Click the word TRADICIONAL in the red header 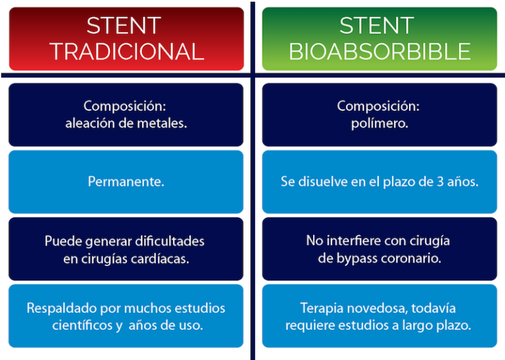(126, 51)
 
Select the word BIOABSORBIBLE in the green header (379, 51)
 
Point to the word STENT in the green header (377, 26)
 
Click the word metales (164, 123)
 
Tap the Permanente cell (126, 181)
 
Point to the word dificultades (167, 241)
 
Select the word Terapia (322, 308)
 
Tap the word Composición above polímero (378, 105)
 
